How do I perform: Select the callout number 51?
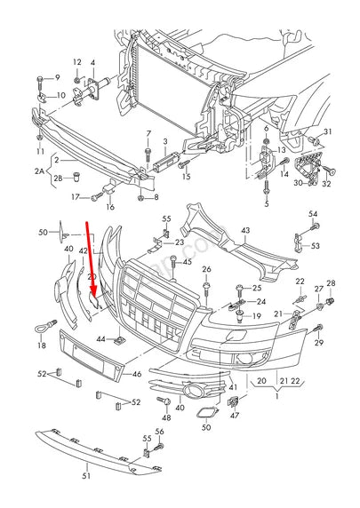click(x=87, y=477)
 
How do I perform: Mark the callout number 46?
click(x=136, y=375)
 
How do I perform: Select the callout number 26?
click(x=206, y=269)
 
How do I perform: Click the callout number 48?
click(x=165, y=417)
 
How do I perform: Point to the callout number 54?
click(x=312, y=214)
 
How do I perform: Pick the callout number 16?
click(x=110, y=207)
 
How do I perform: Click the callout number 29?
click(x=319, y=342)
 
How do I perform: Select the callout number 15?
click(x=186, y=177)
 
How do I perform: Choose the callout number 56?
click(x=161, y=432)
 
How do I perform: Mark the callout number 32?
click(x=326, y=184)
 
